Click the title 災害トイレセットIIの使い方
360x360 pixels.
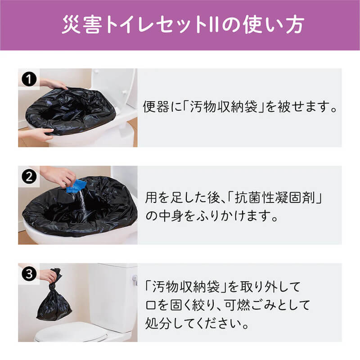tap(180, 25)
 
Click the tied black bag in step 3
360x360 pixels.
tap(54, 301)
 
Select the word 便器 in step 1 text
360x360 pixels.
tap(153, 108)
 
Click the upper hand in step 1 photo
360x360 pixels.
tap(53, 83)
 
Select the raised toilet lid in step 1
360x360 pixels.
tap(115, 85)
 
